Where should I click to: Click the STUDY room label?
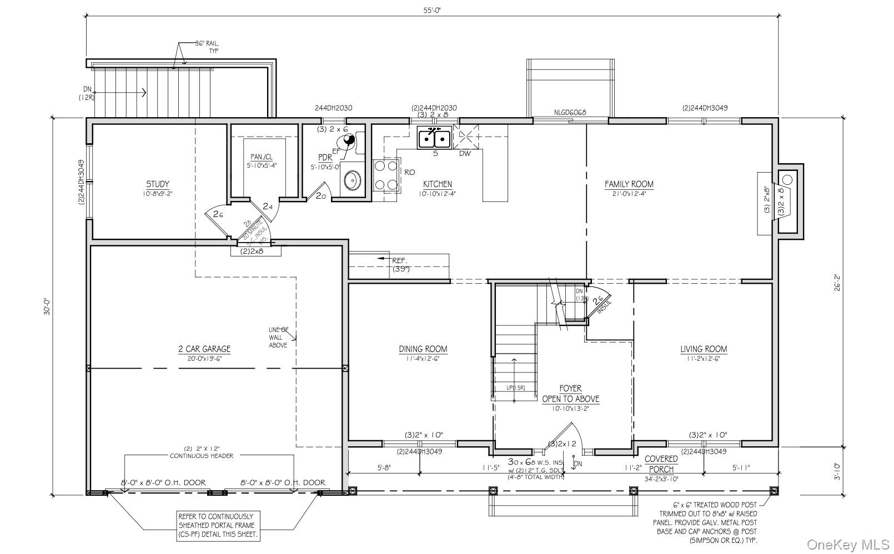tap(158, 184)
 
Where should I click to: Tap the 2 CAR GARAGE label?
tap(204, 349)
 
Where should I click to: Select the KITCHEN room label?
tap(438, 184)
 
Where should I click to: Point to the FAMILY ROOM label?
tap(629, 184)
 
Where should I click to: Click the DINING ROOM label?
tap(423, 349)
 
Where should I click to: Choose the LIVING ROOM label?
tap(704, 349)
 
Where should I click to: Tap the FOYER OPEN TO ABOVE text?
tap(570, 394)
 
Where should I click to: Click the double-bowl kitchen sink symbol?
tap(434, 138)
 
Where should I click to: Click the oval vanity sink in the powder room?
tap(352, 180)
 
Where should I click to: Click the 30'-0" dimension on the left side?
tap(47, 307)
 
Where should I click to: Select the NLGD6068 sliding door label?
tap(570, 113)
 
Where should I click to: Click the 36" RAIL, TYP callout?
tap(206, 47)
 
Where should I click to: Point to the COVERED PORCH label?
tap(661, 464)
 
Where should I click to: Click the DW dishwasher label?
tap(465, 154)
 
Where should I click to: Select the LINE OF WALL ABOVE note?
tap(278, 337)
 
